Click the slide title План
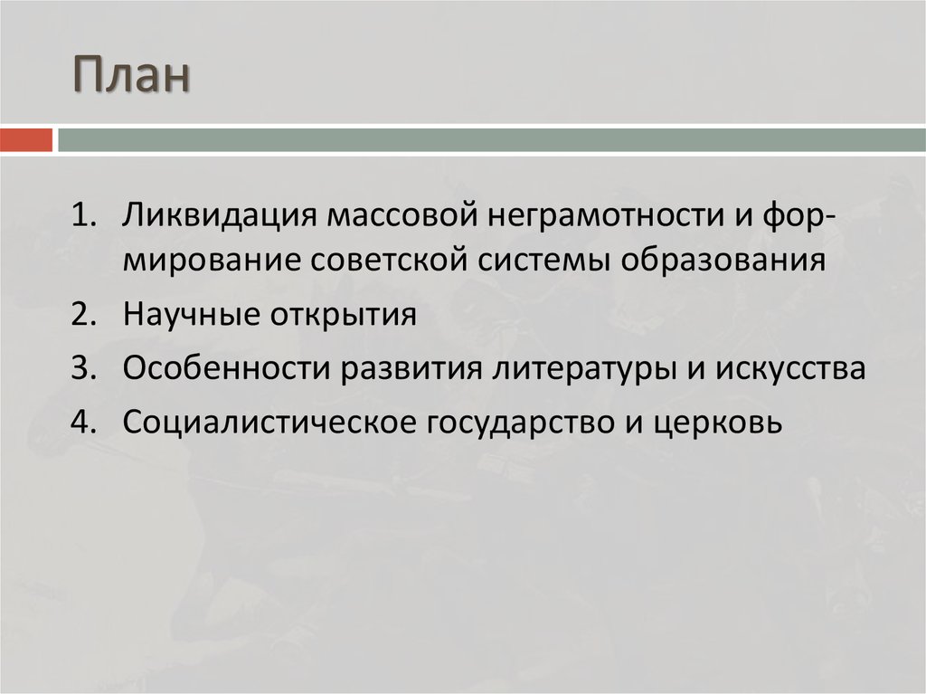132,76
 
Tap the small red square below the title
26,140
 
